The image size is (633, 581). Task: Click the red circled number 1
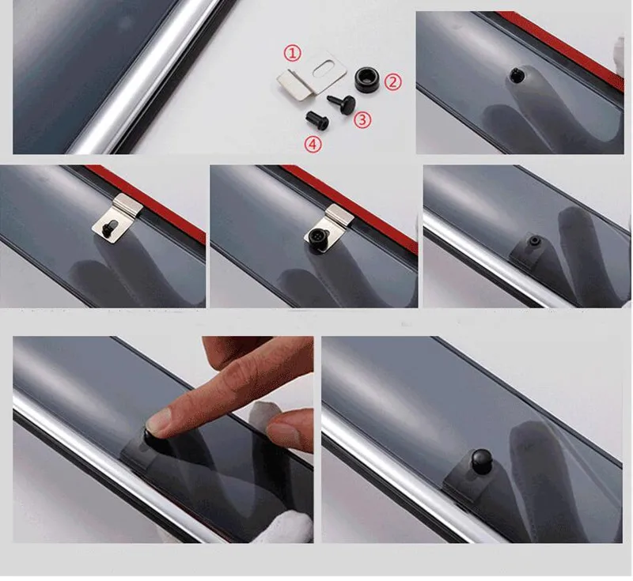coord(293,53)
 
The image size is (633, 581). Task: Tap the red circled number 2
coord(392,82)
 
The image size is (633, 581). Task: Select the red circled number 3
coord(362,120)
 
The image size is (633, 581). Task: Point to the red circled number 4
coord(313,145)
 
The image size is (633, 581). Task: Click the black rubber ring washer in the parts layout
coord(366,79)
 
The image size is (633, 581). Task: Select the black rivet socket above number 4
coord(317,119)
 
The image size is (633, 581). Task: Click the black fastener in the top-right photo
coord(516,74)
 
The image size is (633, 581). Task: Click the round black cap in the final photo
coord(480,459)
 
